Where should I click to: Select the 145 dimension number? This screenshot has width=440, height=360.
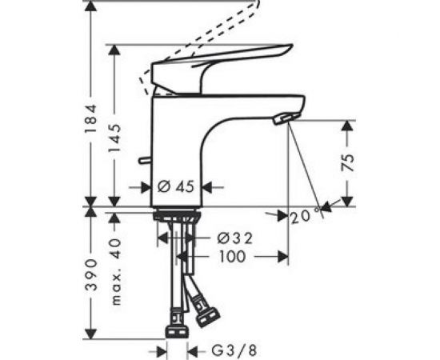tap(117, 138)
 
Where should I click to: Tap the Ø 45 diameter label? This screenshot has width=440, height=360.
tap(176, 187)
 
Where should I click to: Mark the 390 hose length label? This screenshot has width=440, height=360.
tap(93, 274)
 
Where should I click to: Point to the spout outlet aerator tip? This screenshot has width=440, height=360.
tap(284, 119)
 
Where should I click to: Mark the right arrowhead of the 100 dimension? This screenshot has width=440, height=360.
tap(283, 257)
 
